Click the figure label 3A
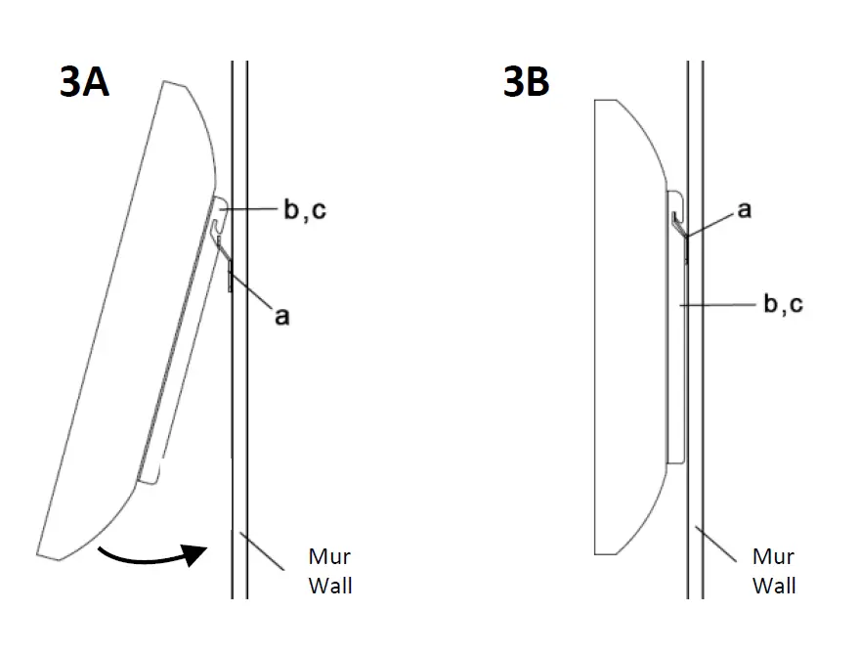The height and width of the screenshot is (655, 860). click(x=83, y=82)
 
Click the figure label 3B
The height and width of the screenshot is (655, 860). click(x=526, y=82)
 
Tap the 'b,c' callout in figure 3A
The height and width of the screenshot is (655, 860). click(x=304, y=210)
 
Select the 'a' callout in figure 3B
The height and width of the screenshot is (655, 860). click(x=745, y=209)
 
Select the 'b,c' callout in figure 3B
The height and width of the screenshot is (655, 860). click(x=783, y=304)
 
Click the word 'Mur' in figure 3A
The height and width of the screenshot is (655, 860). click(x=329, y=557)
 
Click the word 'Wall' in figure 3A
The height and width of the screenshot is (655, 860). click(x=330, y=586)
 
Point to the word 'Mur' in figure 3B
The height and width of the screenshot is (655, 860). click(x=773, y=557)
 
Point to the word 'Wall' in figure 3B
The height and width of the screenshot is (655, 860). click(x=774, y=586)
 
